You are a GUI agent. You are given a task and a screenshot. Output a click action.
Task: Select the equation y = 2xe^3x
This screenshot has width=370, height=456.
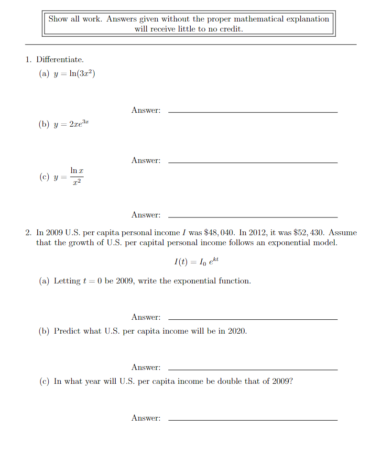(72, 124)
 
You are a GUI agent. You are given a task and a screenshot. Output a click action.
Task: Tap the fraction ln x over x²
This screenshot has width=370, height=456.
(77, 176)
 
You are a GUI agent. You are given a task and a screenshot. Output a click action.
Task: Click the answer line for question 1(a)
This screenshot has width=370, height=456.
(253, 112)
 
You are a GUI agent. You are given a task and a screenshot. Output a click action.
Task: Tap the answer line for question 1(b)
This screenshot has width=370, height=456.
(253, 163)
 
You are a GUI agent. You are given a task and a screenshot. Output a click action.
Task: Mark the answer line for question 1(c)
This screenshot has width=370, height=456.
(253, 217)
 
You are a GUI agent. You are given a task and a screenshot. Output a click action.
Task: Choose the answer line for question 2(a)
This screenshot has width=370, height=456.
(253, 319)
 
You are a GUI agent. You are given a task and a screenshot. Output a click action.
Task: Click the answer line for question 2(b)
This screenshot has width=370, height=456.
(253, 369)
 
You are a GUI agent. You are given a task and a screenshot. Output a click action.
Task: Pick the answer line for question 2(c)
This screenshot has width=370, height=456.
(253, 420)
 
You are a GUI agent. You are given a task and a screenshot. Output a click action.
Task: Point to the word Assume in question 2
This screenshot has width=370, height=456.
(343, 233)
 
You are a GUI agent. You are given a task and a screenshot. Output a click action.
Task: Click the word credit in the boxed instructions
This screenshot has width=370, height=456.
(231, 29)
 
